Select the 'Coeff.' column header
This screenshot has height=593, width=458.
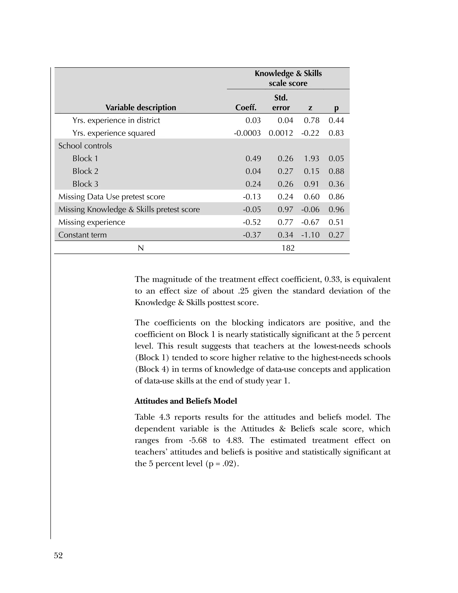246,107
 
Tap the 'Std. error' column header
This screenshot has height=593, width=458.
281,103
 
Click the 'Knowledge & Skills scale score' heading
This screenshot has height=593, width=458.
288,78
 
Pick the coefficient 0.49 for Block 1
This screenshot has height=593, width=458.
253,159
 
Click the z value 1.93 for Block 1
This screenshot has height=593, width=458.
312,159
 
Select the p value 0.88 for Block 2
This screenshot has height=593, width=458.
336,171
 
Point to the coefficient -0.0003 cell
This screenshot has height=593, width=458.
247,133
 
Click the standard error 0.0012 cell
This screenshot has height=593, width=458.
281,133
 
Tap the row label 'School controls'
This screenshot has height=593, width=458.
85,146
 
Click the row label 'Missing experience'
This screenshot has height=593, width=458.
92,222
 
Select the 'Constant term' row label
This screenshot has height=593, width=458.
83,235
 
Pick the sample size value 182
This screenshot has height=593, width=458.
288,248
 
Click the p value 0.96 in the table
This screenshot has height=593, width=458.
336,209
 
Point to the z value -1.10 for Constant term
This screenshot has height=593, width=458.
310,235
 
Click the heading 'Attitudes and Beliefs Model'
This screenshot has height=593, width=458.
186,401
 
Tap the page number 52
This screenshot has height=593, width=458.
58,556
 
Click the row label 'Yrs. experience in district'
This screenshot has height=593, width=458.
116,120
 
